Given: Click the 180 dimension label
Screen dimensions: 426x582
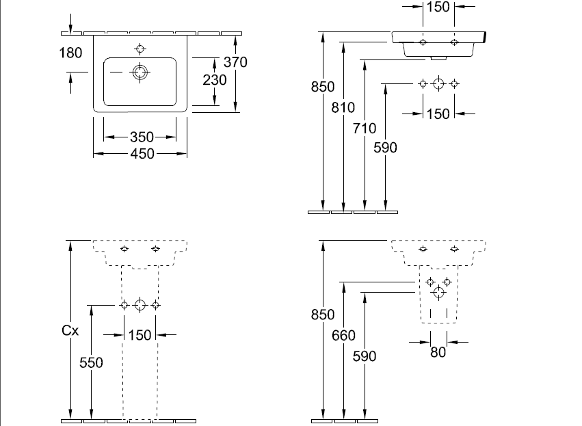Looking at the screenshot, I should (x=71, y=53).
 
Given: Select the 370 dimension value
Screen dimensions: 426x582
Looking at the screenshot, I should (x=235, y=62).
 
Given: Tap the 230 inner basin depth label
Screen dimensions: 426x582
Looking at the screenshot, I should (x=215, y=79).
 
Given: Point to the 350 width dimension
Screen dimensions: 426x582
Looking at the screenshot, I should (x=142, y=138).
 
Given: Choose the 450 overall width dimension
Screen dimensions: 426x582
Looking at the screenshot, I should (x=142, y=154).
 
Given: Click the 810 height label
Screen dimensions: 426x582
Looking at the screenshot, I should (x=344, y=107).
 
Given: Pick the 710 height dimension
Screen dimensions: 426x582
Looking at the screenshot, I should (x=365, y=127).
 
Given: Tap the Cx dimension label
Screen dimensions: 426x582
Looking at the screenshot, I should (x=70, y=330).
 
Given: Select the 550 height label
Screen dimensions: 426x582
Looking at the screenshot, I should (x=91, y=362).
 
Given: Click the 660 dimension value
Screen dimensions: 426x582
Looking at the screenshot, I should (x=344, y=335).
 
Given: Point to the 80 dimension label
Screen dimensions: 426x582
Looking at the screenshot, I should (x=438, y=353).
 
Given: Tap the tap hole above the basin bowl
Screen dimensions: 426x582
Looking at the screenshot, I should (x=141, y=49).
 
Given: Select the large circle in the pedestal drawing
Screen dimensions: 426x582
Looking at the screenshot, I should (x=140, y=305).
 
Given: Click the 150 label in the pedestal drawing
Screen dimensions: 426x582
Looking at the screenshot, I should (x=140, y=334).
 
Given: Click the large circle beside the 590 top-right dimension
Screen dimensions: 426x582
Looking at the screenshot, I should (x=438, y=84).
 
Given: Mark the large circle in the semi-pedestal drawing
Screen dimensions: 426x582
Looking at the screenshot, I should (x=438, y=293).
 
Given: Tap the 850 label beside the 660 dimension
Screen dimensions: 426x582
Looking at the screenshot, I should (x=323, y=315).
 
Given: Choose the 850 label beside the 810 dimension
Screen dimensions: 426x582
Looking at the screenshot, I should (x=323, y=86).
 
